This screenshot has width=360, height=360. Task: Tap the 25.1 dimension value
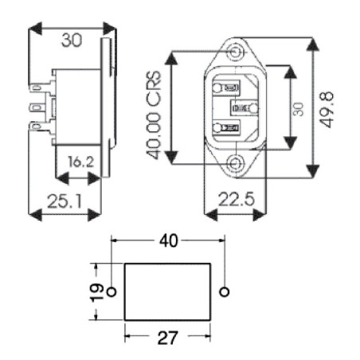coord(60,201)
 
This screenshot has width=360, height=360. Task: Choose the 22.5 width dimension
coord(234,201)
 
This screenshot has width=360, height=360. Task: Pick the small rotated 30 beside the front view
coord(298,108)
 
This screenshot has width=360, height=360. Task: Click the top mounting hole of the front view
coord(234,53)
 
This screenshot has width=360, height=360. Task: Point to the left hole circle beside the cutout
coord(112,291)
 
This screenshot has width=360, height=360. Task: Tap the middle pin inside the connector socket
coord(243,107)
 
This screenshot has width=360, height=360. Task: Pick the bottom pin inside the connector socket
coord(227,127)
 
